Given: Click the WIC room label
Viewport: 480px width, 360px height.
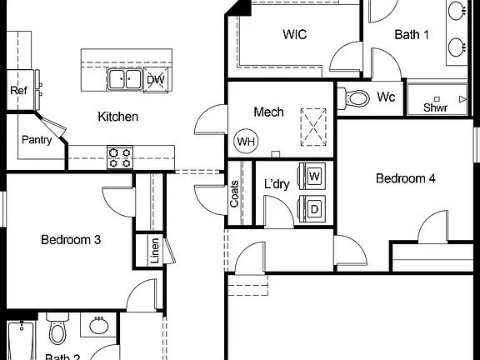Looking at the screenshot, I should [x=295, y=34].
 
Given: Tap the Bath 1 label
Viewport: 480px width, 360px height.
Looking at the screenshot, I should [x=412, y=34].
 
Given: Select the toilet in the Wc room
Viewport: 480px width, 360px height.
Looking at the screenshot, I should [x=357, y=98].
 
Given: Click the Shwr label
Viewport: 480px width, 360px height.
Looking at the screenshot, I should [x=435, y=107].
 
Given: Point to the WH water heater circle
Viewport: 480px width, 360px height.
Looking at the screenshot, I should [x=246, y=141].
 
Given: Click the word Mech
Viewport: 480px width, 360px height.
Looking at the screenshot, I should [x=268, y=112].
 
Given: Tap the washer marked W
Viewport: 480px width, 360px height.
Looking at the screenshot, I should [x=314, y=177].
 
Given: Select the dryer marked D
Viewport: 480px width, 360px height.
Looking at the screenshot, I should [x=314, y=208].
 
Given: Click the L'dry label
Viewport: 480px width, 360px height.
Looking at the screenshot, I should [x=277, y=184].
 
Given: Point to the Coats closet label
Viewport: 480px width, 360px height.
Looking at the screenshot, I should [x=234, y=195].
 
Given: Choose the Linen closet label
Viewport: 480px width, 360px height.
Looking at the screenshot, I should [x=155, y=251].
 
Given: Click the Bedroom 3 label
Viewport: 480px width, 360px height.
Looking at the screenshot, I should [x=71, y=240].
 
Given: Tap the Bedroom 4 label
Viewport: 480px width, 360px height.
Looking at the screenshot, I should [x=406, y=178].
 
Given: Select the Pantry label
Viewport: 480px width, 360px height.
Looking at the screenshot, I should [x=37, y=140].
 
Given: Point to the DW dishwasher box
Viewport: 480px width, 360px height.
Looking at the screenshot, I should [x=155, y=80].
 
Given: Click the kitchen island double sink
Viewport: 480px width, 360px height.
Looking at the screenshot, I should [x=125, y=80].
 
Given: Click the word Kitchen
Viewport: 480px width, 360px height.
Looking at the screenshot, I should [x=117, y=117].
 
